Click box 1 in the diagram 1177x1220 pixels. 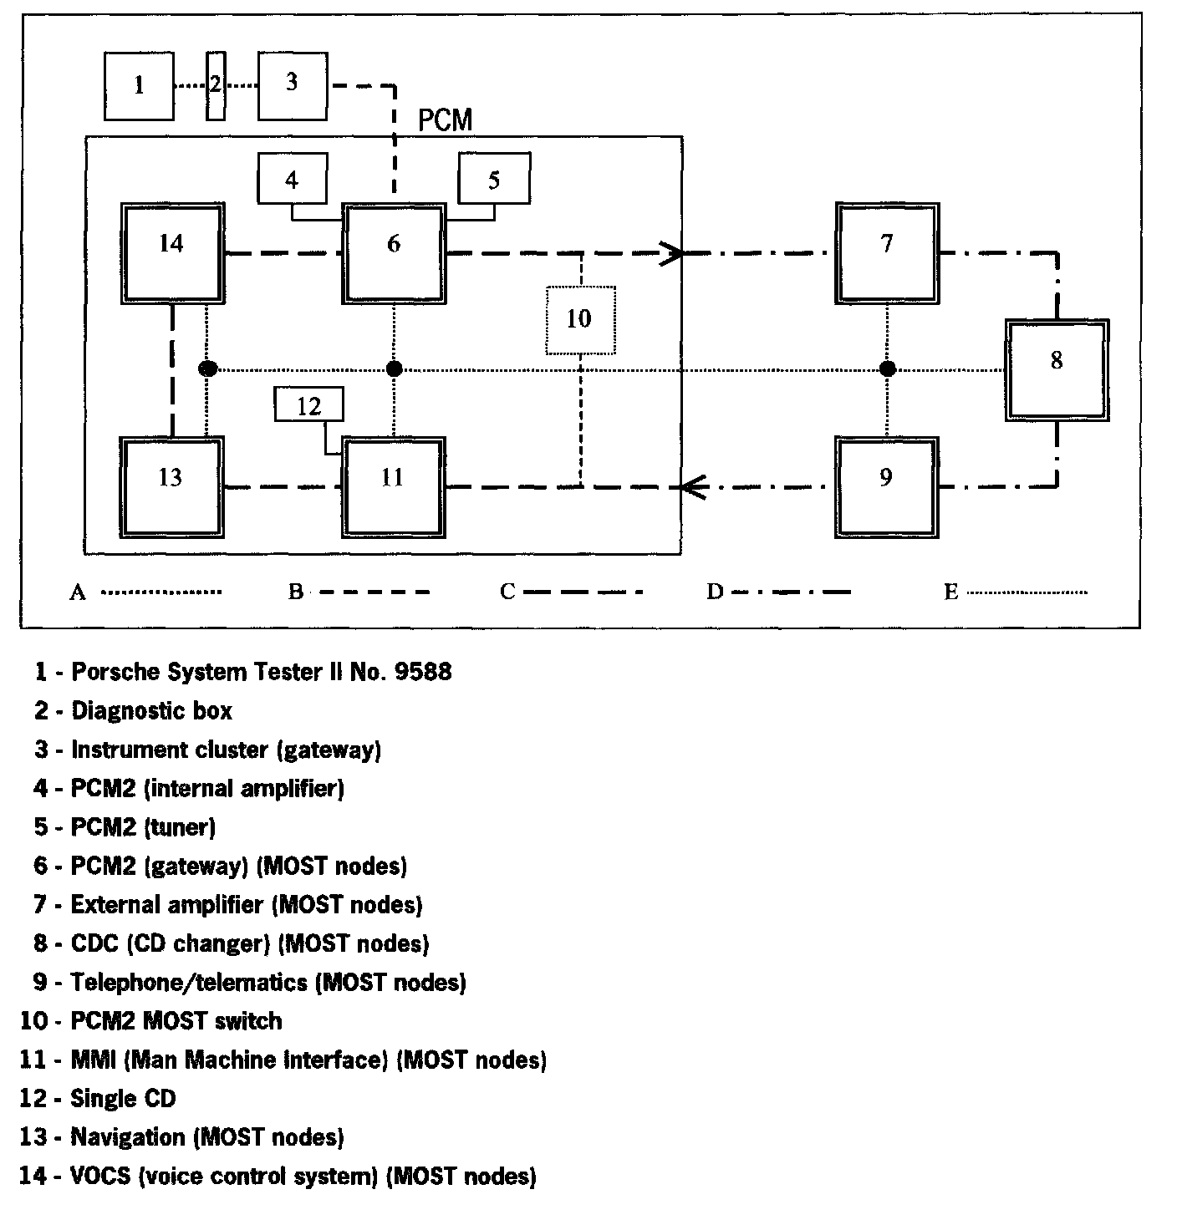click(139, 85)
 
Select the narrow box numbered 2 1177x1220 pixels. click(216, 85)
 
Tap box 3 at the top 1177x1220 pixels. click(292, 85)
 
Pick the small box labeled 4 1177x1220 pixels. click(292, 178)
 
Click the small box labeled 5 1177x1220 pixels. click(494, 178)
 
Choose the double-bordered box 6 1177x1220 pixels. click(393, 252)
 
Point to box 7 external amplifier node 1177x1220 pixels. click(887, 252)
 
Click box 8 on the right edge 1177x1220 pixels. click(1057, 369)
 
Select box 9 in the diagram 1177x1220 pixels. click(886, 486)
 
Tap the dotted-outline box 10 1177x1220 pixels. click(580, 319)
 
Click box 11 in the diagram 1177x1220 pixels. click(393, 486)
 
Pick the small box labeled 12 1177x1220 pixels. click(309, 405)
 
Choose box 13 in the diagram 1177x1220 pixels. click(171, 486)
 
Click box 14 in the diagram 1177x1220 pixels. click(171, 252)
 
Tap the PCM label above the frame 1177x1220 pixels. click(445, 121)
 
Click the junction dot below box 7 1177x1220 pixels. click(888, 369)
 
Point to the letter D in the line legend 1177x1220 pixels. click(715, 592)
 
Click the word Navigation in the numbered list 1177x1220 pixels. click(128, 1137)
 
